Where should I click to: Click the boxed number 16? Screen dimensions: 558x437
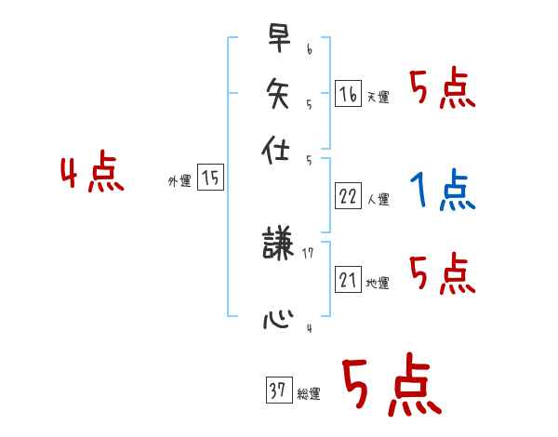pos(348,94)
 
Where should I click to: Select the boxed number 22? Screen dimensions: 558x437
pos(348,196)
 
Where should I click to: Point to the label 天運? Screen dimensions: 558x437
pos(379,97)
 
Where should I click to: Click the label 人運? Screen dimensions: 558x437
pos(379,199)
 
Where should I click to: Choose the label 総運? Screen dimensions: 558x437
pos(309,394)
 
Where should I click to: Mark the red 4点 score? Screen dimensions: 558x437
pos(91,175)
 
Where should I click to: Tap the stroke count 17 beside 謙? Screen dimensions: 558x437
pos(308,252)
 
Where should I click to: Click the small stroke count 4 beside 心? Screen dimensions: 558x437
pos(309,327)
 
